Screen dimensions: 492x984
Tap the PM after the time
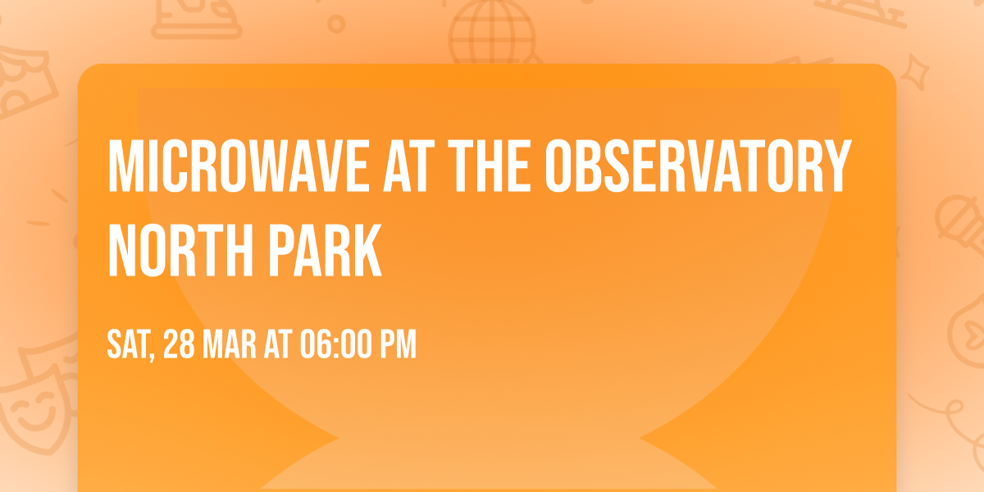[x=398, y=345]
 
